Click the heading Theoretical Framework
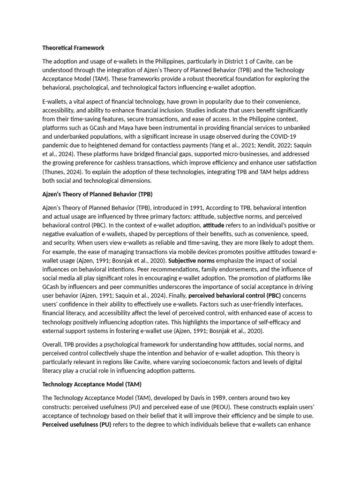pos(73,48)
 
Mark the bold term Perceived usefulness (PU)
pos(77,425)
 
